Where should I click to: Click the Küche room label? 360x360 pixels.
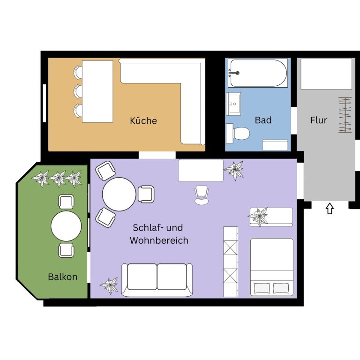pos(143,120)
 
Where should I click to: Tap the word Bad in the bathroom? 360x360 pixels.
pos(263,120)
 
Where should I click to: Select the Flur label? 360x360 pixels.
pos(319,120)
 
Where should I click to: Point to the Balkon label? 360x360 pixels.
pos(63,277)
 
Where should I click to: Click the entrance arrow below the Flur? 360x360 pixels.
pos(330,209)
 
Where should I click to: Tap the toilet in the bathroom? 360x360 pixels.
pos(238,133)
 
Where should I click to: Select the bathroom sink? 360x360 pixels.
pos(233,104)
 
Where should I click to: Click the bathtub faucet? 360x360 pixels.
pos(234,73)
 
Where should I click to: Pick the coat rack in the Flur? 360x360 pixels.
pos(345,115)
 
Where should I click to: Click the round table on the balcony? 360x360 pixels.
pos(66,226)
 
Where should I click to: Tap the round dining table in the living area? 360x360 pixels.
pos(119,194)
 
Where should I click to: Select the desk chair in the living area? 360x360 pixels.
pos(202,195)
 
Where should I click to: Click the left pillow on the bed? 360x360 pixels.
pos(262,288)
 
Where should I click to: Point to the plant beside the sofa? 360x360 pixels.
pos(110,285)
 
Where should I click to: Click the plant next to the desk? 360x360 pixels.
pos(234,170)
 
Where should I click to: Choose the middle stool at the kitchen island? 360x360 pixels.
pos(78,91)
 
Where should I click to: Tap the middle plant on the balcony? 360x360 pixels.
pos(58,179)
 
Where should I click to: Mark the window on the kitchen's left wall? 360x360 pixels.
pos(45,103)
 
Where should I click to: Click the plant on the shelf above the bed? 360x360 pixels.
pos(259,217)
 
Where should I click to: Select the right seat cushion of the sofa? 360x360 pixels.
pos(172,277)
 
